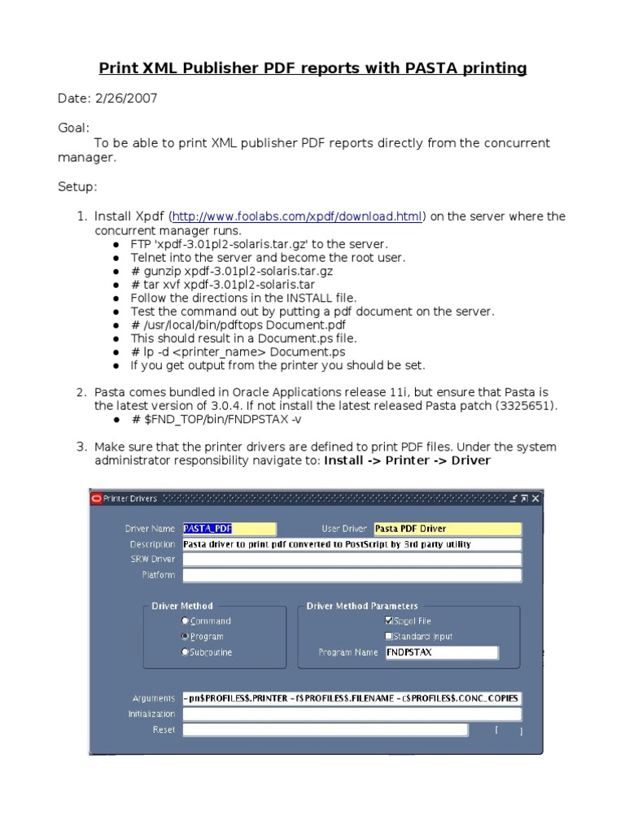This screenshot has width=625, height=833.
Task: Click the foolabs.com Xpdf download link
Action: (298, 216)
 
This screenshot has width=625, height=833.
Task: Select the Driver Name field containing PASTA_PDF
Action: (229, 529)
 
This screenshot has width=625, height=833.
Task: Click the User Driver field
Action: (447, 529)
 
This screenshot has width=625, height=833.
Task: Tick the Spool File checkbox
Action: (389, 621)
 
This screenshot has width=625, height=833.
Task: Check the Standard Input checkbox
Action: (389, 636)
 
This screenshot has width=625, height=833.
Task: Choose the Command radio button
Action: (186, 621)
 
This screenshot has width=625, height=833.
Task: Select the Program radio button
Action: (186, 636)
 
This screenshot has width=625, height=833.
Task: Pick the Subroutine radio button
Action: (186, 652)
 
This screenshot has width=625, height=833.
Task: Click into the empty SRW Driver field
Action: (352, 560)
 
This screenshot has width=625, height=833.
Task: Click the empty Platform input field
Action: (352, 575)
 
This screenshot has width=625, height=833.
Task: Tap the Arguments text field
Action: (352, 698)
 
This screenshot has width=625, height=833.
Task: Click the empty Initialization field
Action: (352, 713)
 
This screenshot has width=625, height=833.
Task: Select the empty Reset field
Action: (325, 730)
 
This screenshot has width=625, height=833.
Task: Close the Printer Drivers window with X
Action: (535, 499)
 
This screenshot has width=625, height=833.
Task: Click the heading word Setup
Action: (76, 187)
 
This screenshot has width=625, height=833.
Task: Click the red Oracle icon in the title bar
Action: (96, 499)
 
